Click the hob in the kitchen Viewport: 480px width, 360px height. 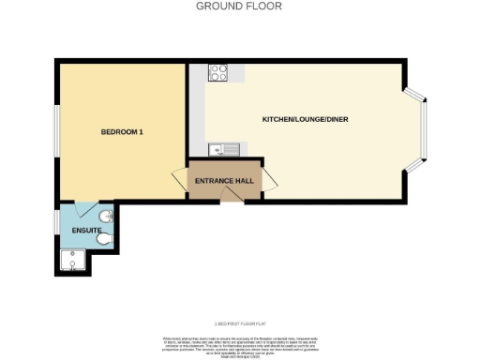[218, 71]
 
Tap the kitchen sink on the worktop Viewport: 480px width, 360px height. [225, 148]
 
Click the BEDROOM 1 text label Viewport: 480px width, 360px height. [122, 132]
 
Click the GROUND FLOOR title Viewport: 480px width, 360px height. [239, 7]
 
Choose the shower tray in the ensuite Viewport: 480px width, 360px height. [72, 260]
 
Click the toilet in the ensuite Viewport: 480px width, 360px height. [106, 241]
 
